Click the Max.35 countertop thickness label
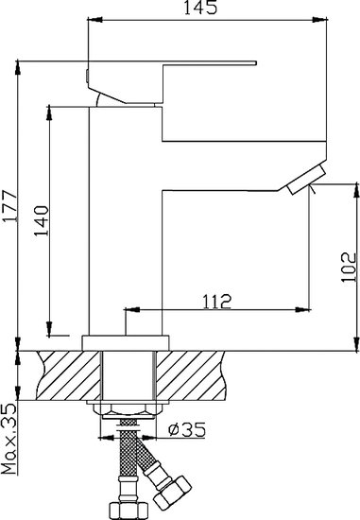9,435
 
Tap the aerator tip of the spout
303,180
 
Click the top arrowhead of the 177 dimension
18,65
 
